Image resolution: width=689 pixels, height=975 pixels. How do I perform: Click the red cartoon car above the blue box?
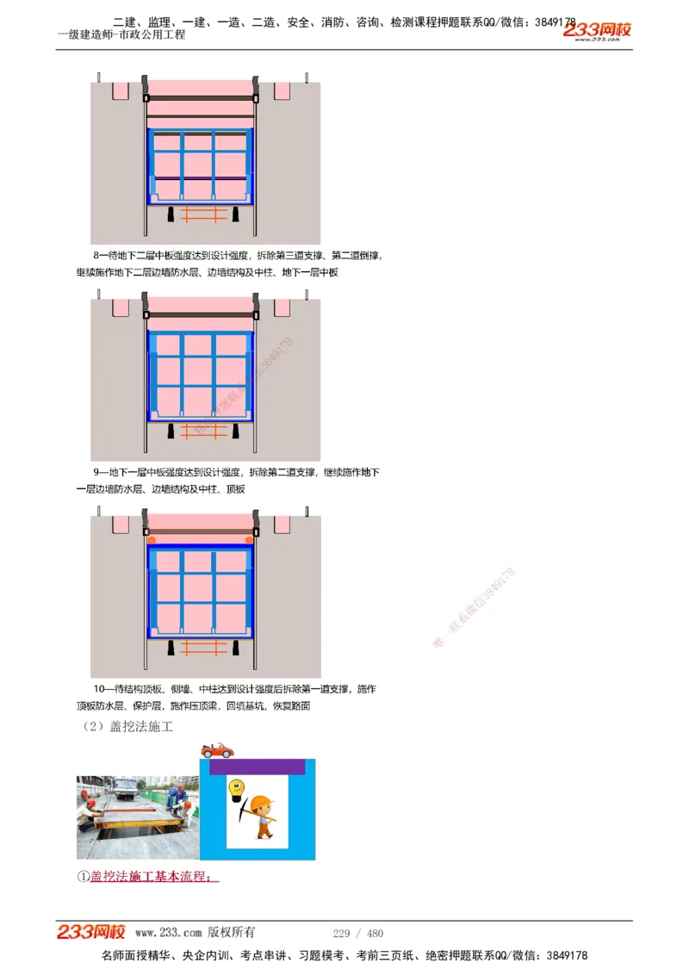[217, 750]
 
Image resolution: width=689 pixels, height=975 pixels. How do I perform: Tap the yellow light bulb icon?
[233, 788]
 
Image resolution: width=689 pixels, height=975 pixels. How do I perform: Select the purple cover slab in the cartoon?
[257, 767]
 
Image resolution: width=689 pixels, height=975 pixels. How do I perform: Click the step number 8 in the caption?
[96, 256]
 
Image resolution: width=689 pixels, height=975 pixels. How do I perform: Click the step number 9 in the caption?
[96, 473]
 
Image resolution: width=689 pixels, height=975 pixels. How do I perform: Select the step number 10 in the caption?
[99, 689]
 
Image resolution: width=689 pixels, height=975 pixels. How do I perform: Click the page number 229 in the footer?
[341, 933]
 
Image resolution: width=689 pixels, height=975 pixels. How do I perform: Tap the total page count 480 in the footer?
[375, 933]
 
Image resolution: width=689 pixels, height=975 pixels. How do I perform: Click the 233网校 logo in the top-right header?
[597, 31]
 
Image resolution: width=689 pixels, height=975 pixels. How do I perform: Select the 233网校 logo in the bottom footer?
[91, 932]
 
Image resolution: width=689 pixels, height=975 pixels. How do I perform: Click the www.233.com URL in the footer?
[168, 933]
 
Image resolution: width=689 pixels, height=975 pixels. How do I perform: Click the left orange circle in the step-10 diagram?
[152, 540]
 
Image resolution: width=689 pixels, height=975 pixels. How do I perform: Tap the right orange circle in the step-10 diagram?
[250, 540]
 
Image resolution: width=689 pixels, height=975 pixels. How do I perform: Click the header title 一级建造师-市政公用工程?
[121, 35]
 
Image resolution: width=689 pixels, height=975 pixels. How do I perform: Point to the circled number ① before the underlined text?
[83, 877]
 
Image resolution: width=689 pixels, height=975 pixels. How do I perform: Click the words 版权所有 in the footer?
[232, 933]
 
